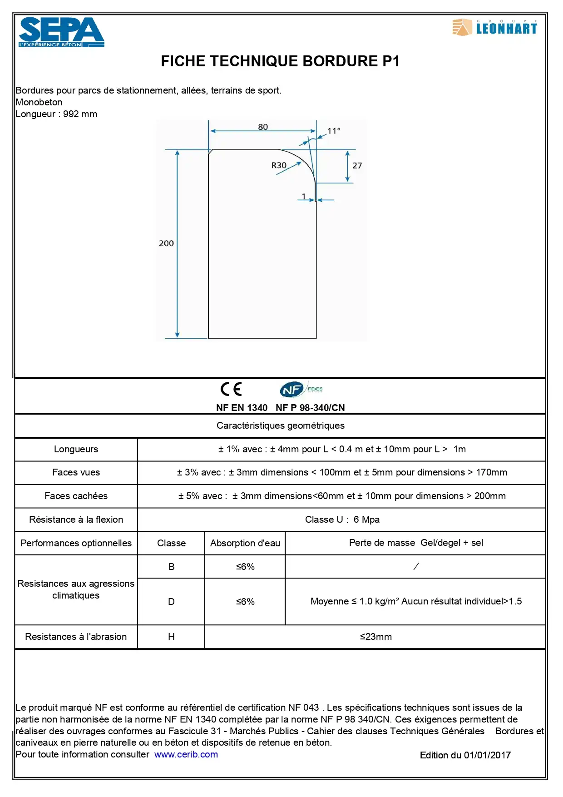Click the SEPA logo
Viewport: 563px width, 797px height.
pyautogui.click(x=61, y=32)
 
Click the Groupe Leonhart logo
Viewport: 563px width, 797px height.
pyautogui.click(x=494, y=27)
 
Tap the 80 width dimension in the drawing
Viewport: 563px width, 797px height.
pyautogui.click(x=263, y=127)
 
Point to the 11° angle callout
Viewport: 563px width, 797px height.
pyautogui.click(x=334, y=131)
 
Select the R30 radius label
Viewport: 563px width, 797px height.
pyautogui.click(x=279, y=165)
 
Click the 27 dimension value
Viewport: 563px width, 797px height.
pyautogui.click(x=357, y=166)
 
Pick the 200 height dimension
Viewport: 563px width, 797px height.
pyautogui.click(x=166, y=243)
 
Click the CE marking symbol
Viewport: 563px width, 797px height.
pyautogui.click(x=231, y=389)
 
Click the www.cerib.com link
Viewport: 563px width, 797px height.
pyautogui.click(x=186, y=754)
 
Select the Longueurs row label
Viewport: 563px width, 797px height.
pyautogui.click(x=76, y=449)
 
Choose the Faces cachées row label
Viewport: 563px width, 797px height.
pyautogui.click(x=76, y=496)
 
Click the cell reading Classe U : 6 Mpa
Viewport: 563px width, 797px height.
pyautogui.click(x=342, y=520)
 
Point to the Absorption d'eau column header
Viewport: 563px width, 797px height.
pyautogui.click(x=245, y=543)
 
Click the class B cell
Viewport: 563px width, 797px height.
pyautogui.click(x=171, y=567)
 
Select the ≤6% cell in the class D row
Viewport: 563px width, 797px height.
pyautogui.click(x=245, y=602)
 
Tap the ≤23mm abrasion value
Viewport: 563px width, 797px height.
pyautogui.click(x=375, y=637)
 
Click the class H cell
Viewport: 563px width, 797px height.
pyautogui.click(x=171, y=637)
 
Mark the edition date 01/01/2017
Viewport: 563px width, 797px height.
pyautogui.click(x=487, y=755)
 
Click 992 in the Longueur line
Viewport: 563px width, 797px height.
pyautogui.click(x=71, y=114)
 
